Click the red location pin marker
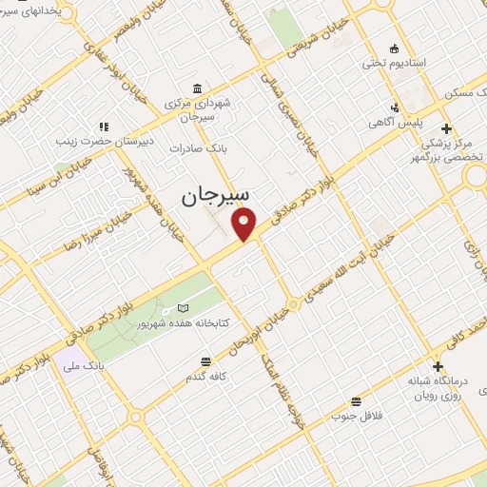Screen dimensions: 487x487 click(246, 224)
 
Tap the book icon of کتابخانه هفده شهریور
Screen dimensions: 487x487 click(184, 309)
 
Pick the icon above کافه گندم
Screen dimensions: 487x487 click(205, 361)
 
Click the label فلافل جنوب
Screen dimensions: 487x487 click(356, 416)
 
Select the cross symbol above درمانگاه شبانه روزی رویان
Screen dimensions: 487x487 click(438, 366)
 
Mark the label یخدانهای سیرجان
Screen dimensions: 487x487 click(38, 12)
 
